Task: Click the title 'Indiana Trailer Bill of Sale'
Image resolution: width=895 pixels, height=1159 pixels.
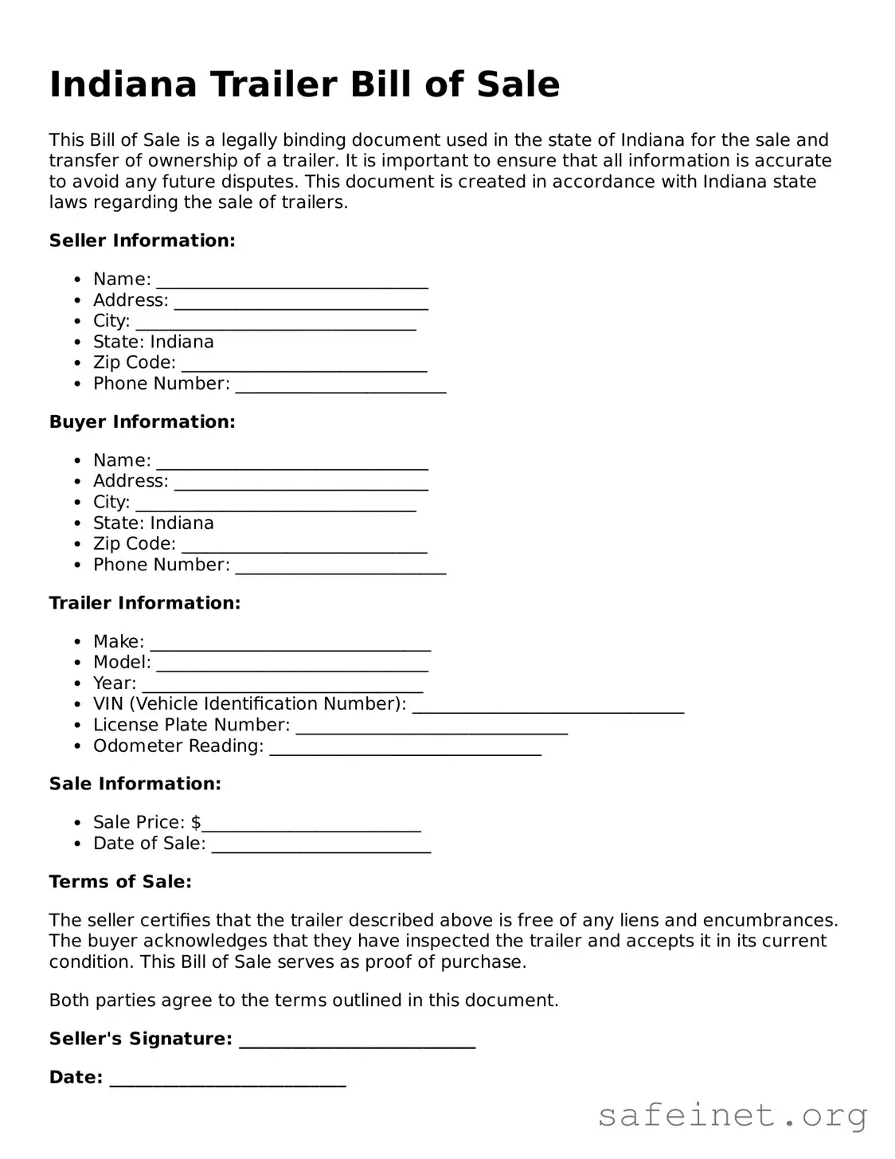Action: (x=304, y=84)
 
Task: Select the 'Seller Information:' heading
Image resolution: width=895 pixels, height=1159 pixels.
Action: (x=142, y=241)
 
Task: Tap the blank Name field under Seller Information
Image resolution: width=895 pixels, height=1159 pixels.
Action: (x=292, y=280)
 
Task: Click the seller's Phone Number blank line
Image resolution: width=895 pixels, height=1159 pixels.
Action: (x=341, y=385)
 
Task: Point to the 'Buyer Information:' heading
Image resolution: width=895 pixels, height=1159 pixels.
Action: (x=142, y=421)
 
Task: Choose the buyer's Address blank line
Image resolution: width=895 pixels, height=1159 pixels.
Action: (x=301, y=482)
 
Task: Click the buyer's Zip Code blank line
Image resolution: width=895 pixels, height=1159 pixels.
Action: (x=304, y=545)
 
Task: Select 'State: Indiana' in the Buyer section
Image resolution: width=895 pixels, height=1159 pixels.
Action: (x=153, y=523)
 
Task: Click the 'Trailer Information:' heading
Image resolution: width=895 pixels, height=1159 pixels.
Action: (x=144, y=603)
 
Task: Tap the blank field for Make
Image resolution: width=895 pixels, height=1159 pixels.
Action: (x=291, y=643)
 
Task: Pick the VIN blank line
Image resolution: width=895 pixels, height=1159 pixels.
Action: (x=548, y=705)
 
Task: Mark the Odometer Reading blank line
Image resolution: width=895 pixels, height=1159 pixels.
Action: (x=405, y=747)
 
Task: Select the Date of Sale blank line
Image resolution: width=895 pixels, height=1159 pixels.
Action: (x=321, y=844)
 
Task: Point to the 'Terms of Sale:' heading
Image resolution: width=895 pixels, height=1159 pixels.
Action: (x=120, y=882)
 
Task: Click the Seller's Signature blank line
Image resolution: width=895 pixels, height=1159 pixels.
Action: (x=357, y=1040)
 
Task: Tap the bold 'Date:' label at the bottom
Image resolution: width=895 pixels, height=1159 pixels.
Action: (x=76, y=1078)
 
